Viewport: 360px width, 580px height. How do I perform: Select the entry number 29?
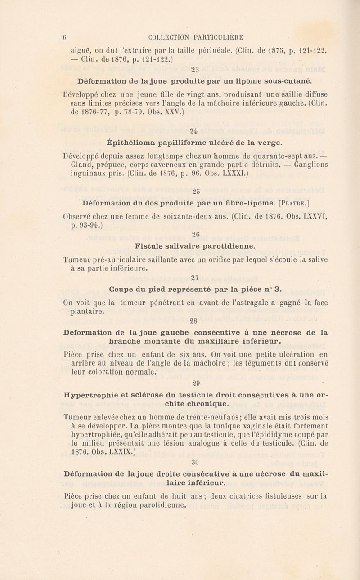(196, 384)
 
